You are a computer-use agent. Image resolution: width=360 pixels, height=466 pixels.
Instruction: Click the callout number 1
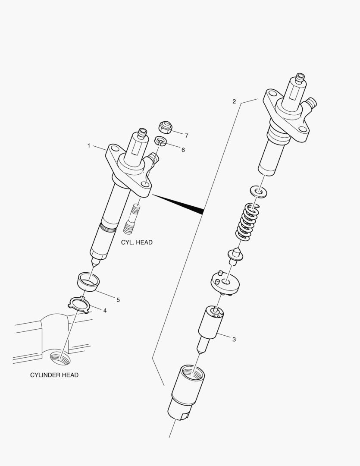point(89,146)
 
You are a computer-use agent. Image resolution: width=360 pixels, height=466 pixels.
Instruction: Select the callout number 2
point(234,101)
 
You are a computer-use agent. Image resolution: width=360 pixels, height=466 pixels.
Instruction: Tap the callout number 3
point(234,339)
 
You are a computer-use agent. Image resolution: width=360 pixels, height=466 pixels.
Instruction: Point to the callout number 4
point(105,310)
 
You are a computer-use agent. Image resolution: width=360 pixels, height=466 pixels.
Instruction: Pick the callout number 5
point(118,299)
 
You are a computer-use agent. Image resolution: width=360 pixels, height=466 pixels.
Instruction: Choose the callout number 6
point(183,149)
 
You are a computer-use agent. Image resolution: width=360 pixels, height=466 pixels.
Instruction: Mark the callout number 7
point(186,135)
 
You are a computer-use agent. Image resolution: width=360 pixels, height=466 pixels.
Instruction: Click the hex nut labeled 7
point(165,127)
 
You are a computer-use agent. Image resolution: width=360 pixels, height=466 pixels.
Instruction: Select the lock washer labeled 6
point(160,141)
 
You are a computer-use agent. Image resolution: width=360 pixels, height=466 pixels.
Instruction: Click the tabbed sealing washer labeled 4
point(78,304)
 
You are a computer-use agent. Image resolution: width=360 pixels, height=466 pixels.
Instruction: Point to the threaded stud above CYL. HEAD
point(133,219)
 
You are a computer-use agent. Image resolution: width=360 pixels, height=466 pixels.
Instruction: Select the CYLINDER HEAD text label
point(54,375)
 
